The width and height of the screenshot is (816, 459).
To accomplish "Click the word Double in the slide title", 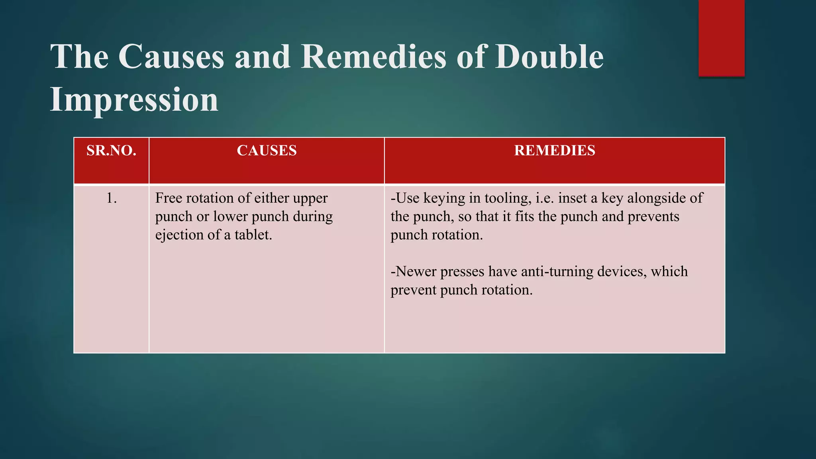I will pos(549,57).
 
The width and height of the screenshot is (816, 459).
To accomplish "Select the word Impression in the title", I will pos(134,100).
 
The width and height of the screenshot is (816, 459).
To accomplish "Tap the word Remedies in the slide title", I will pos(373,57).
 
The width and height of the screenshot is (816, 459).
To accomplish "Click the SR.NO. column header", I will pos(112,151).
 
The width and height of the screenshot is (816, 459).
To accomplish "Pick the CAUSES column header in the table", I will pos(267,151).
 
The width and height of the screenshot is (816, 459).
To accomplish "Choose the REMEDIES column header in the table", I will pos(555,151).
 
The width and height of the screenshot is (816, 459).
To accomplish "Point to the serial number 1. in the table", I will pos(112,198).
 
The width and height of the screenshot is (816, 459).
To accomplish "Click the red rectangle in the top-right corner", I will pos(721,38).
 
